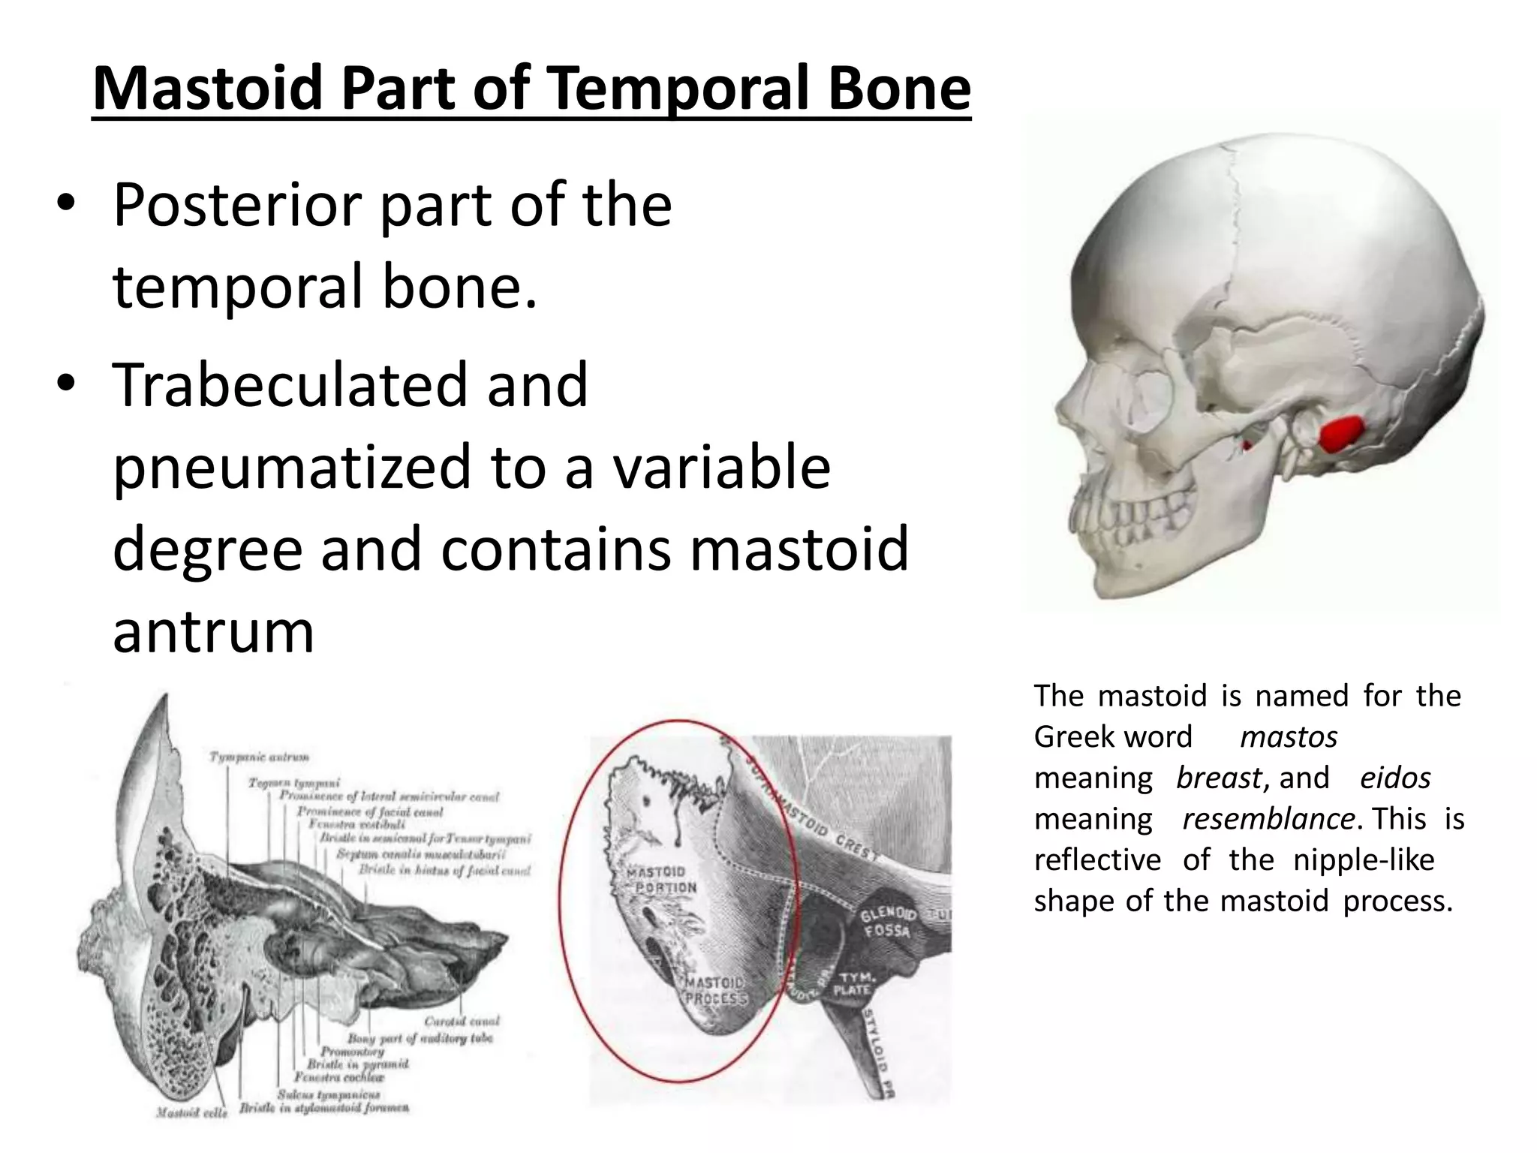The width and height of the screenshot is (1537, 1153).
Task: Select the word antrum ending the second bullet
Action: tap(213, 631)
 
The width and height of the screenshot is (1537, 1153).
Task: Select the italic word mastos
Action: tap(1288, 737)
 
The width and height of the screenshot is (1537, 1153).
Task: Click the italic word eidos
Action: tap(1394, 778)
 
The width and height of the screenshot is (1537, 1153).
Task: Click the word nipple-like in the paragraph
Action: tap(1364, 859)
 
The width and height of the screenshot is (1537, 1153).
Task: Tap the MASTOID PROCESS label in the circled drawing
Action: tap(714, 991)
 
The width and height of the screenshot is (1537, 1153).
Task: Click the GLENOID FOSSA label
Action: tap(888, 923)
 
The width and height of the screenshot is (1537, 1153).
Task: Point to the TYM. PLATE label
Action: tap(852, 983)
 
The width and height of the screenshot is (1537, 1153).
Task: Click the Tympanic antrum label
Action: tap(259, 757)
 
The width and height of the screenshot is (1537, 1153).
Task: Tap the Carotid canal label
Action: tap(462, 1021)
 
